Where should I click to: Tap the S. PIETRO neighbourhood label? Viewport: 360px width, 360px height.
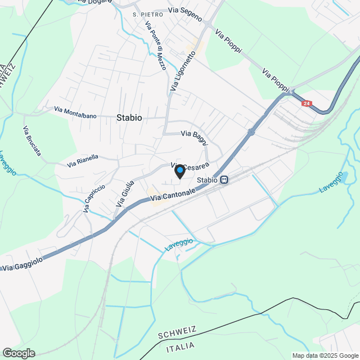click(x=148, y=14)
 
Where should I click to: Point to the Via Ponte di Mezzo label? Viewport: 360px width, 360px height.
click(x=155, y=46)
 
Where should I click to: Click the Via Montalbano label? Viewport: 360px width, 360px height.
click(x=75, y=112)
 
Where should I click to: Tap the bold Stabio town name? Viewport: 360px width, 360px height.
click(x=129, y=118)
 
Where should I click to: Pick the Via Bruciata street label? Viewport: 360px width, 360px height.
click(x=32, y=141)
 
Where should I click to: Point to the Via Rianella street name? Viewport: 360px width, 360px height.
click(x=83, y=161)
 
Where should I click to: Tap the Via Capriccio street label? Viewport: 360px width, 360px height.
click(x=94, y=198)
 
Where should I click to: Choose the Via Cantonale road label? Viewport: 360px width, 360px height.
click(x=173, y=195)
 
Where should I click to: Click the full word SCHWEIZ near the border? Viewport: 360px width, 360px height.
click(x=177, y=334)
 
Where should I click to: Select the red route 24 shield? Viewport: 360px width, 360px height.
click(x=306, y=103)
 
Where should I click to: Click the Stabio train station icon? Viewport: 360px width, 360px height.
click(x=224, y=180)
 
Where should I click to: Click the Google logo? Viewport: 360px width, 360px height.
click(x=18, y=353)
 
